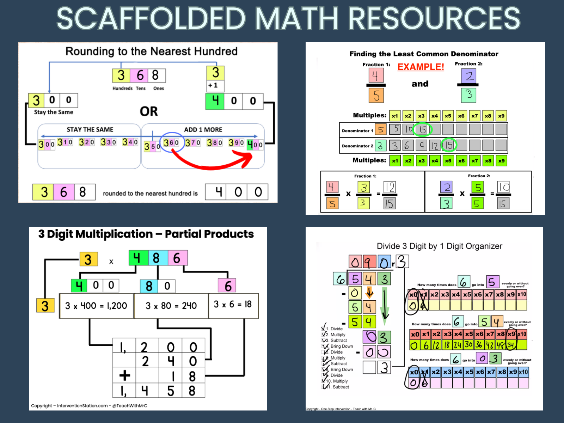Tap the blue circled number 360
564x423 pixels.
171,142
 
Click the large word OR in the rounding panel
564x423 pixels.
149,111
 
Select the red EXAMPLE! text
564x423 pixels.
421,67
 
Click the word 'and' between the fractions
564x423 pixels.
420,84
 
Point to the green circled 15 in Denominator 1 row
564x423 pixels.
422,130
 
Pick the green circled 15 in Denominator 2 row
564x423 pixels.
449,145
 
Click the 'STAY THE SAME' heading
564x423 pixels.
90,130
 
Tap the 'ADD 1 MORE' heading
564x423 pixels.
203,130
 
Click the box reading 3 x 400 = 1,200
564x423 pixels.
96,306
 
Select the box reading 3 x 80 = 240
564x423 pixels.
171,306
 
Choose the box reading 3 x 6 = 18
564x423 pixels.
233,305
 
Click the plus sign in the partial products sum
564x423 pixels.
124,375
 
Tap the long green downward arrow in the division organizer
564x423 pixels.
385,305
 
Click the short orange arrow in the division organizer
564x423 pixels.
369,292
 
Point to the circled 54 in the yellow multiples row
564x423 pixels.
511,345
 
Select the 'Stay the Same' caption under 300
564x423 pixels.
54,112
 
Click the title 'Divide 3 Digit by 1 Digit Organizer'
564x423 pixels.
439,246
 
